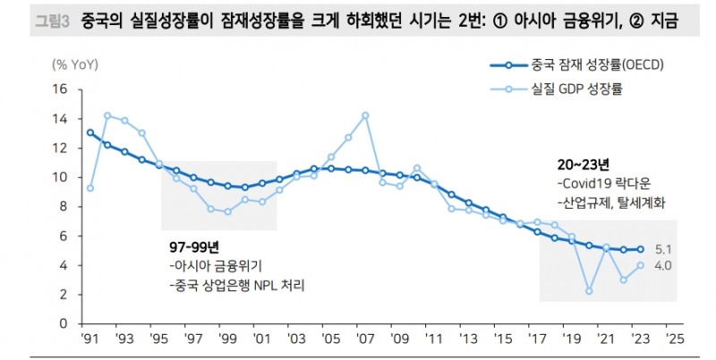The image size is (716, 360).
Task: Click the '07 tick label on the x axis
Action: tap(364, 341)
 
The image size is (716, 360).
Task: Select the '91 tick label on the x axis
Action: tap(89, 341)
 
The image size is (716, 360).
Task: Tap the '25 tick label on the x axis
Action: tap(674, 341)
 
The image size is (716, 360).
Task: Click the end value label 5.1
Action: tap(664, 250)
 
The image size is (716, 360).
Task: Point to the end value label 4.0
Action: tap(664, 265)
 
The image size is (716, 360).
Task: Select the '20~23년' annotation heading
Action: tap(582, 165)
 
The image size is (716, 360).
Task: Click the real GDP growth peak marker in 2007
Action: tap(365, 115)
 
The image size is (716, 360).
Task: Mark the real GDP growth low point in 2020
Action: tap(589, 290)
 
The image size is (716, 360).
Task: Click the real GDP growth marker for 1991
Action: tap(90, 188)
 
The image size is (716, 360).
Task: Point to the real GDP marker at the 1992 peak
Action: tap(107, 115)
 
